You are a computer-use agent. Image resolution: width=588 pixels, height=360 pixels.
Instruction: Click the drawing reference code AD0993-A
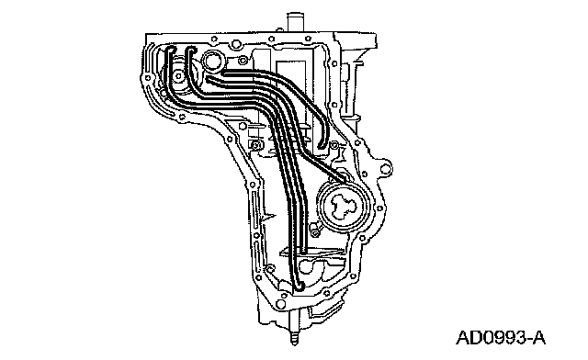click(501, 338)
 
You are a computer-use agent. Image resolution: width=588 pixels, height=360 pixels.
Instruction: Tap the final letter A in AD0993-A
click(538, 338)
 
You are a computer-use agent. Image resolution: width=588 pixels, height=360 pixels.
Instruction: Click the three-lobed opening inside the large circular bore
click(343, 208)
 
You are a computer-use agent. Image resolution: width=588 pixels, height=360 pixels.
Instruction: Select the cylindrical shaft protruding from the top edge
click(295, 22)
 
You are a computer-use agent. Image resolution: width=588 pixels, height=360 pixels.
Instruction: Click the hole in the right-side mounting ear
click(385, 168)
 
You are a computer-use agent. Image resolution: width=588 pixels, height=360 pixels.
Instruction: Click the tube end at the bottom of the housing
click(298, 286)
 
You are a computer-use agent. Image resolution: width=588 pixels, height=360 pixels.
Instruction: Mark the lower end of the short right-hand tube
click(322, 145)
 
